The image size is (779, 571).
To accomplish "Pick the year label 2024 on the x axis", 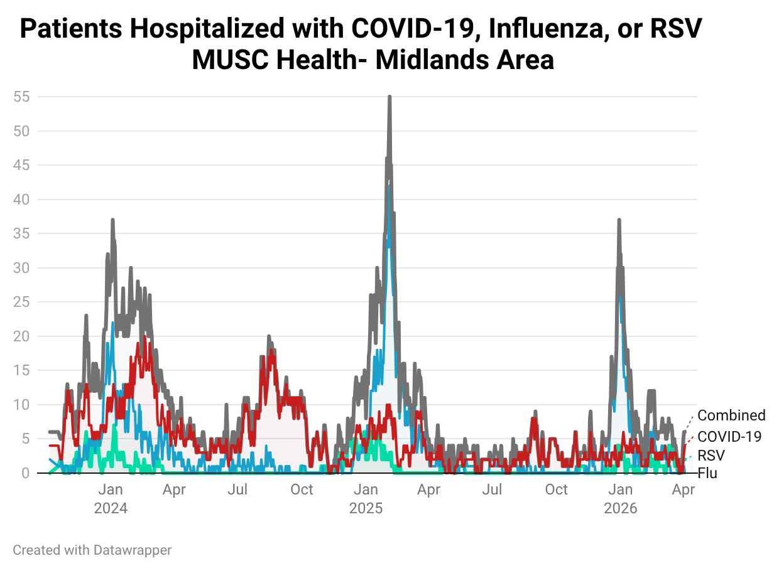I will [111, 508].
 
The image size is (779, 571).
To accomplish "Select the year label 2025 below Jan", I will [366, 508].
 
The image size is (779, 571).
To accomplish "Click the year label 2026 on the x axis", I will [621, 508].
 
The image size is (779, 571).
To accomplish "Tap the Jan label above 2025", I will [366, 490].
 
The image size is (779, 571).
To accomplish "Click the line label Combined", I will [731, 415].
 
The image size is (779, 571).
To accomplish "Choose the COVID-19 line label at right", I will [729, 436].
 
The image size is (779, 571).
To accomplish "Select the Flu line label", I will [707, 473].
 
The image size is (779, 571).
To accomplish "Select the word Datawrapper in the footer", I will [133, 550].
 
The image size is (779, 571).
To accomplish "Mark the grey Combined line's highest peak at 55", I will [389, 97].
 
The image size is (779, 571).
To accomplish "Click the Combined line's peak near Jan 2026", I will [619, 220].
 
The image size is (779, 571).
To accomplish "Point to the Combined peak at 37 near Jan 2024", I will [112, 220].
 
